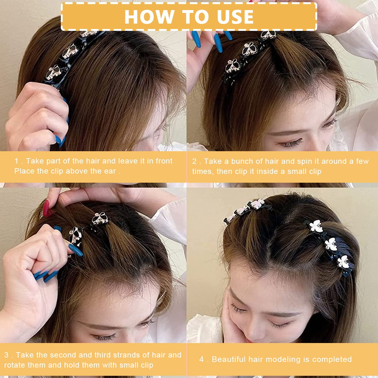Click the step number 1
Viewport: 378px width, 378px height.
[x=16, y=161]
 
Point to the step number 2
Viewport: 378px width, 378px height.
[x=194, y=161]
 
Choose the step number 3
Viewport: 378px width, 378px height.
[x=6, y=355]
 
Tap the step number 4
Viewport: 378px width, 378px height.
[x=202, y=359]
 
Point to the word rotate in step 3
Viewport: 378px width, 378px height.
[x=14, y=365]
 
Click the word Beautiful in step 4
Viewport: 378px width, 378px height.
[x=229, y=359]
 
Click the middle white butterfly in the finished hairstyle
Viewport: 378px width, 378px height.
[x=331, y=244]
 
